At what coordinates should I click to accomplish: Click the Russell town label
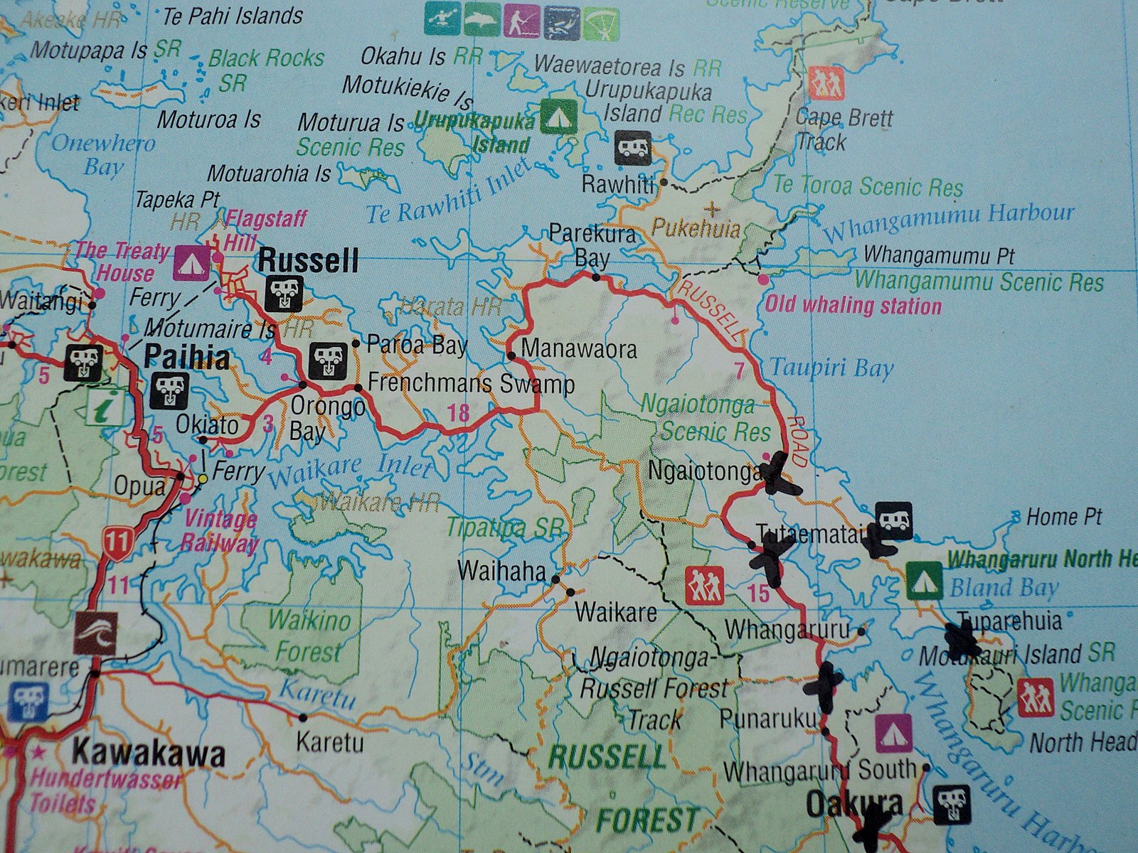(x=308, y=261)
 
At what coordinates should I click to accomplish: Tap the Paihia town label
(x=187, y=358)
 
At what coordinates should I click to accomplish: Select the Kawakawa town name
(x=149, y=753)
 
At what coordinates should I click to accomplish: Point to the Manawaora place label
(x=578, y=350)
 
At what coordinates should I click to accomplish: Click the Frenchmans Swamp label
(x=472, y=385)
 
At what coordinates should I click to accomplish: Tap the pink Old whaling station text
(x=853, y=306)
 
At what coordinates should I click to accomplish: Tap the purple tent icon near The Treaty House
(x=191, y=262)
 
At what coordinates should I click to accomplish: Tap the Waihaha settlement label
(x=502, y=571)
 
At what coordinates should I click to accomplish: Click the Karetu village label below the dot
(x=329, y=744)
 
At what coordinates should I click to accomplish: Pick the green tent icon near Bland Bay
(x=925, y=580)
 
